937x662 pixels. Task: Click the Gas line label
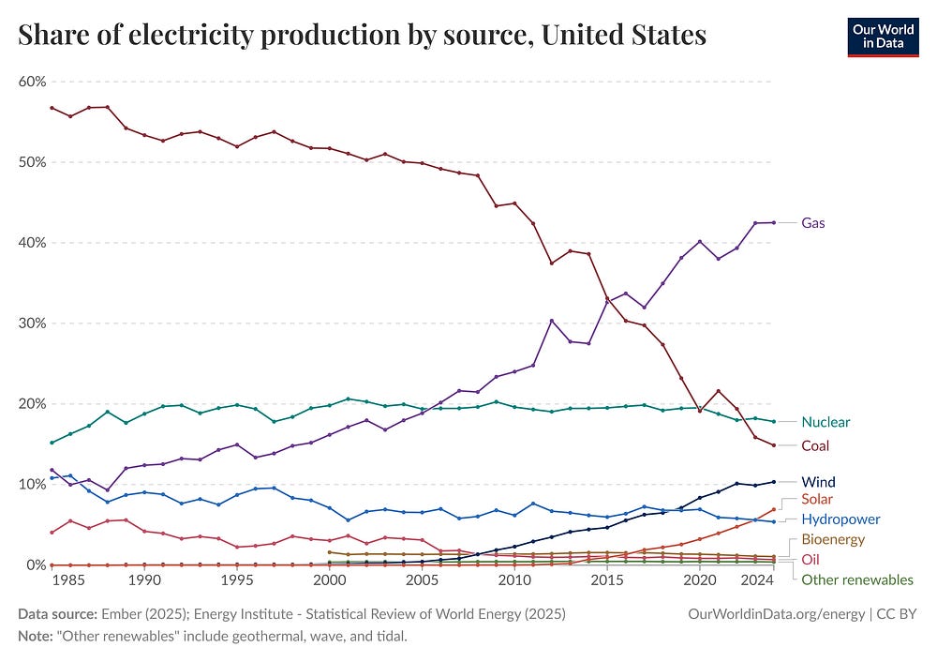point(812,223)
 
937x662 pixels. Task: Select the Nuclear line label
point(825,422)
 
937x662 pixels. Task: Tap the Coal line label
point(815,445)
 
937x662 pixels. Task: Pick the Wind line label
point(817,482)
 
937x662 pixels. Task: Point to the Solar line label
point(816,499)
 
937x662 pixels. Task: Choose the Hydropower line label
point(840,519)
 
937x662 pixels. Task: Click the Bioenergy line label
point(833,539)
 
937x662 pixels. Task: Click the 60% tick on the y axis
point(32,82)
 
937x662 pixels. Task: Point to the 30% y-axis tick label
point(32,323)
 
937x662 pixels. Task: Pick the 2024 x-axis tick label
point(755,581)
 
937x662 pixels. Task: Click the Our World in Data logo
point(883,36)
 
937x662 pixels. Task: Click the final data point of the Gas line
point(773,222)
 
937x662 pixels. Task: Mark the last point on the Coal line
point(773,444)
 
